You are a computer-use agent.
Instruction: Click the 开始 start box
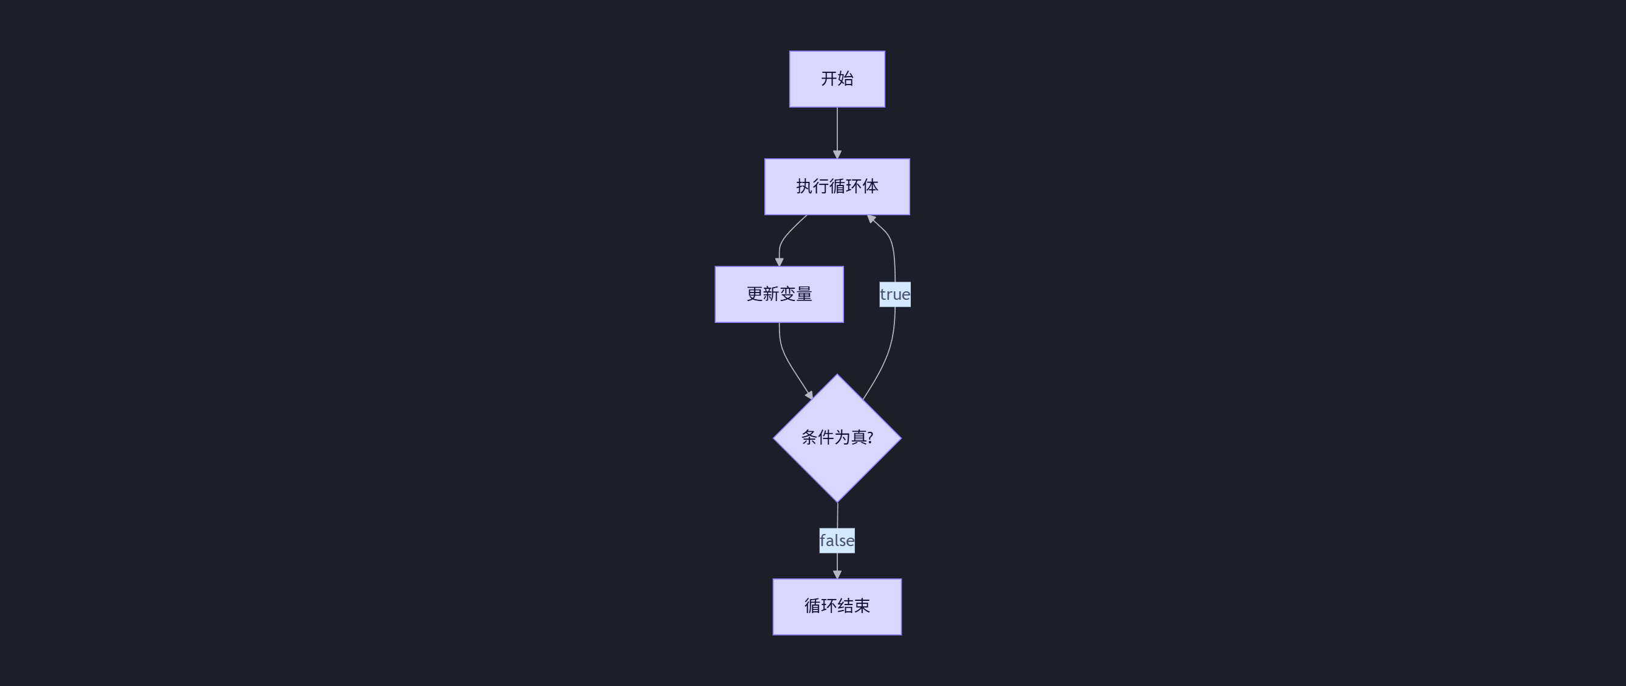[837, 79]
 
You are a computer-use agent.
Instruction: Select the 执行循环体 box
[837, 186]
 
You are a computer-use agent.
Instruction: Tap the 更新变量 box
[779, 294]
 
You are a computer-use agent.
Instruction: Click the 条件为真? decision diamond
[837, 438]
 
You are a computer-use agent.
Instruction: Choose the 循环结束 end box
[837, 606]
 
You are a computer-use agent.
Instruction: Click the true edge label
[894, 294]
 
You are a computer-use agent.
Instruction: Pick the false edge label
[837, 541]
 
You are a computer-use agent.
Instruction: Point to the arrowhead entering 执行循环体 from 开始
[837, 154]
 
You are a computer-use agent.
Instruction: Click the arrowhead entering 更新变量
[779, 262]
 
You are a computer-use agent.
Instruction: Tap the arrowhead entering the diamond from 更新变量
[809, 395]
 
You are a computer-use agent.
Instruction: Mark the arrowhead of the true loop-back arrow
[871, 219]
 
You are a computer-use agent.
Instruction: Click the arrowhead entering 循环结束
[837, 575]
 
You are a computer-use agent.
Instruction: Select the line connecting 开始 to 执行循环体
[837, 130]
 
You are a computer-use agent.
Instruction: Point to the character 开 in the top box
[829, 79]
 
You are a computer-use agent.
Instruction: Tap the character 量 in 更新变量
[804, 294]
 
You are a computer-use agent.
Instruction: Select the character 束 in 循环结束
[862, 606]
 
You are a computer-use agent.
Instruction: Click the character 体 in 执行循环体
[871, 186]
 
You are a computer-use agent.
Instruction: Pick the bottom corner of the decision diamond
[837, 501]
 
